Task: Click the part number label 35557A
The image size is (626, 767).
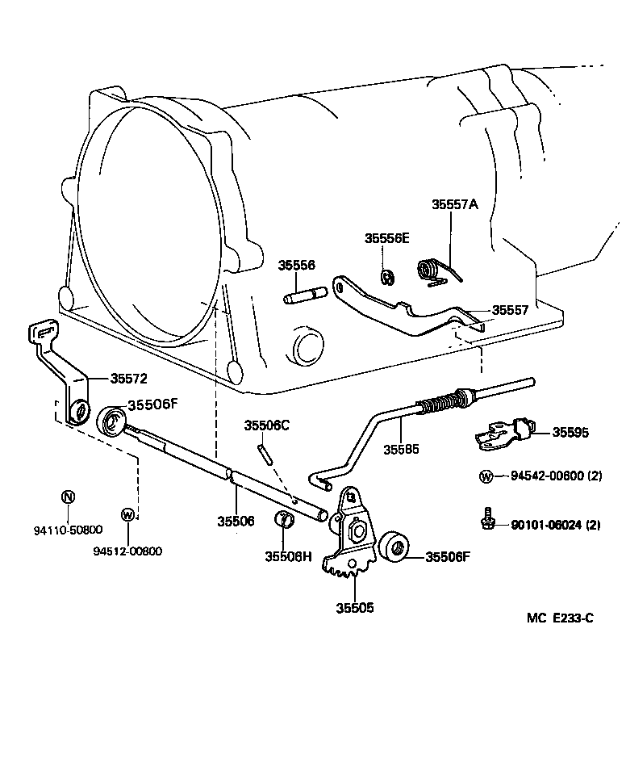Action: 454,205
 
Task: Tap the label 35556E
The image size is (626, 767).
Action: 386,238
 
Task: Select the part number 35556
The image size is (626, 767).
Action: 297,265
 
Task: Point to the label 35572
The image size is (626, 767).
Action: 129,378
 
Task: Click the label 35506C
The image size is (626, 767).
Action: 267,425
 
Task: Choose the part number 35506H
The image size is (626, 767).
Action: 288,555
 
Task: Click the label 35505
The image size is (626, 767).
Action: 355,608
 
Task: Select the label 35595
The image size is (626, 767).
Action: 570,433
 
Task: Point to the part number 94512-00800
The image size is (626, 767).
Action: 127,551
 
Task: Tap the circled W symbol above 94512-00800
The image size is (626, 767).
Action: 127,514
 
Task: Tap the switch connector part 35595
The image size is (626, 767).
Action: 503,433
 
